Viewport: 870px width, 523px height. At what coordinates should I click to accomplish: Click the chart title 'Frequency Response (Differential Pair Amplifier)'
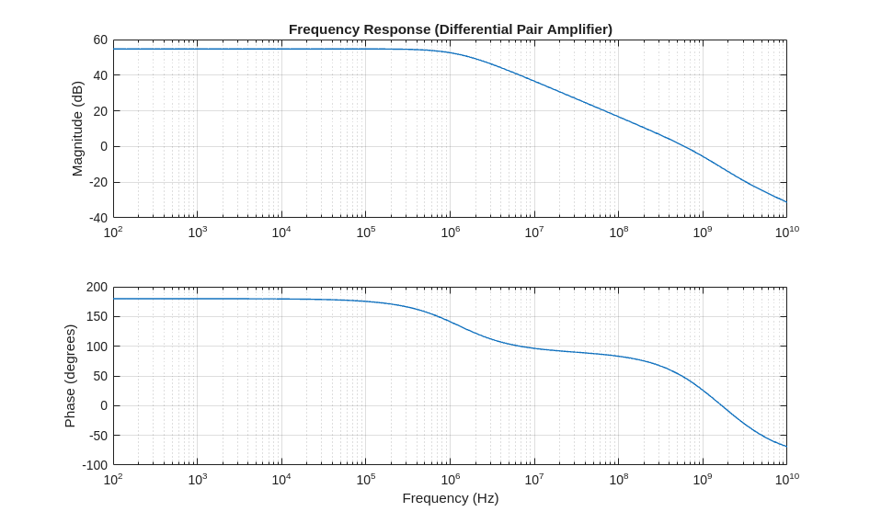click(450, 29)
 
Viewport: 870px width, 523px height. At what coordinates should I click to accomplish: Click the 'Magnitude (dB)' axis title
click(77, 129)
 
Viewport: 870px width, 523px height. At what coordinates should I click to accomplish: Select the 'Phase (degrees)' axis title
click(70, 375)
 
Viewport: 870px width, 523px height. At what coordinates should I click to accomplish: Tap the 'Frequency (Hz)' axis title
click(450, 498)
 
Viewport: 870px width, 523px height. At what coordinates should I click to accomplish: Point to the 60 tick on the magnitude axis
click(99, 40)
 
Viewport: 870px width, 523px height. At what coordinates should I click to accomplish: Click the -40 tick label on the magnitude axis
click(97, 218)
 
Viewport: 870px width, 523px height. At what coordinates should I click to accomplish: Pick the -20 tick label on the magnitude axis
click(97, 182)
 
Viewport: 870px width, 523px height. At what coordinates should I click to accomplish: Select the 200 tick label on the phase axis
click(97, 287)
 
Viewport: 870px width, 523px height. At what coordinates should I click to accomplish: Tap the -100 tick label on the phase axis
click(95, 465)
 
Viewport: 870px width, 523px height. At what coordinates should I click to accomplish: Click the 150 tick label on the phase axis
click(97, 317)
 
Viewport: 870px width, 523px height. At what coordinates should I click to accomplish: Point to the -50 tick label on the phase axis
click(97, 436)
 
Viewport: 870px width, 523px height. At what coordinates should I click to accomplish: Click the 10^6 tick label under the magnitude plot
click(450, 233)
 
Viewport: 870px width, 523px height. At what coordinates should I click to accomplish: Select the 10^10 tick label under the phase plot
click(786, 480)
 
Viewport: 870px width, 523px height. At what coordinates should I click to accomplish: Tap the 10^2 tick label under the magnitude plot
click(113, 233)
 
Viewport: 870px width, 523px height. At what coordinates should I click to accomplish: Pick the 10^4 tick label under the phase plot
click(281, 480)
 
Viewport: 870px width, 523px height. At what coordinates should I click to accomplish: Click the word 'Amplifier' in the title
click(576, 29)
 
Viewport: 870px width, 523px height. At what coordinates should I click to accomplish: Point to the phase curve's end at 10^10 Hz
click(786, 447)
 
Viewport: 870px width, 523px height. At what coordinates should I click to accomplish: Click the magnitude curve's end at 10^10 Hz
click(786, 201)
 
